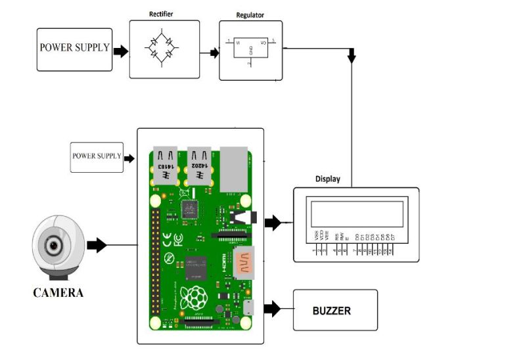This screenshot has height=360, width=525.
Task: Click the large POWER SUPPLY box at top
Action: tap(74, 49)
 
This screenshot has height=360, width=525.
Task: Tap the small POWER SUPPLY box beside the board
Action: tap(97, 157)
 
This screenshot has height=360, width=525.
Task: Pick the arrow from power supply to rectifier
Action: tap(120, 51)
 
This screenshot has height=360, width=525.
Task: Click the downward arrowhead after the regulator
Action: tap(352, 58)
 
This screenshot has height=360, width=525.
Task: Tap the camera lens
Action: tap(54, 246)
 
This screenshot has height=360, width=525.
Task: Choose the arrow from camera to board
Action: tap(97, 246)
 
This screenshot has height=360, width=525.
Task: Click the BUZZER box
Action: tap(335, 310)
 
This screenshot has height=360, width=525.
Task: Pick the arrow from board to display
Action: tap(273, 223)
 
